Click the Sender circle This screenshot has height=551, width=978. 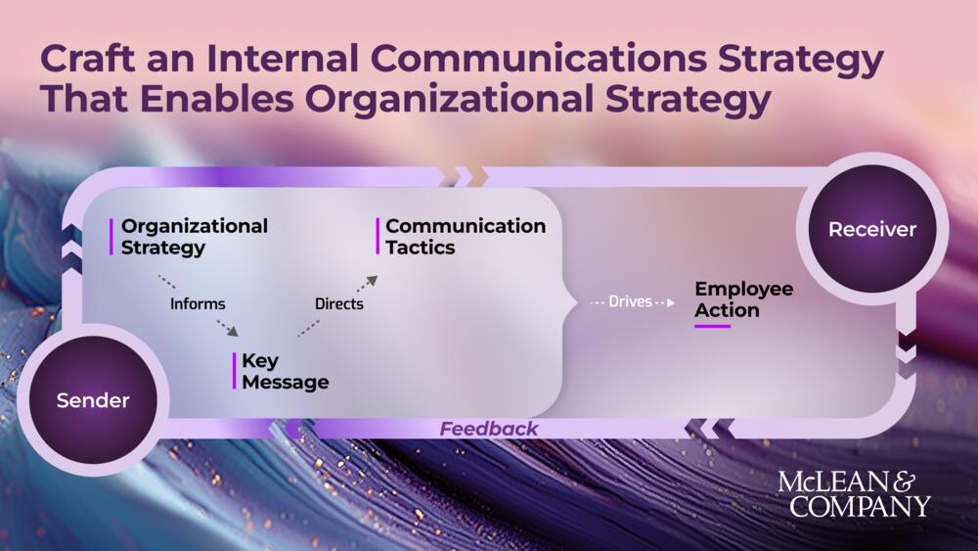click(x=93, y=400)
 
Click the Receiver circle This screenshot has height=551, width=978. click(x=872, y=230)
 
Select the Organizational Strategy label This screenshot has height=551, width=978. click(x=194, y=237)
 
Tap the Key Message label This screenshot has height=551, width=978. click(x=285, y=372)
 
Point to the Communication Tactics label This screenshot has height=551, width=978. click(x=466, y=237)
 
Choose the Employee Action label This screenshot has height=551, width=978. click(x=743, y=299)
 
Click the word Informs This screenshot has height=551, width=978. click(x=198, y=303)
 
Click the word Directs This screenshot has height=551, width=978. click(x=338, y=303)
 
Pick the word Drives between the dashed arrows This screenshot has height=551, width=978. click(x=630, y=301)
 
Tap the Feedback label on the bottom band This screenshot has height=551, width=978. click(x=489, y=429)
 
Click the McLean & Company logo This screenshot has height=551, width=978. click(x=854, y=493)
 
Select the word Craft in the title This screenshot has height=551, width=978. click(x=84, y=60)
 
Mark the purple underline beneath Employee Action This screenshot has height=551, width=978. click(x=712, y=326)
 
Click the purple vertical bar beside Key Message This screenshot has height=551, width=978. click(x=235, y=371)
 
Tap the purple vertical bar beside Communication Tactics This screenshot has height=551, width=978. click(x=378, y=237)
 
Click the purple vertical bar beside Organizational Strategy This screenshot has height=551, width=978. click(x=111, y=237)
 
